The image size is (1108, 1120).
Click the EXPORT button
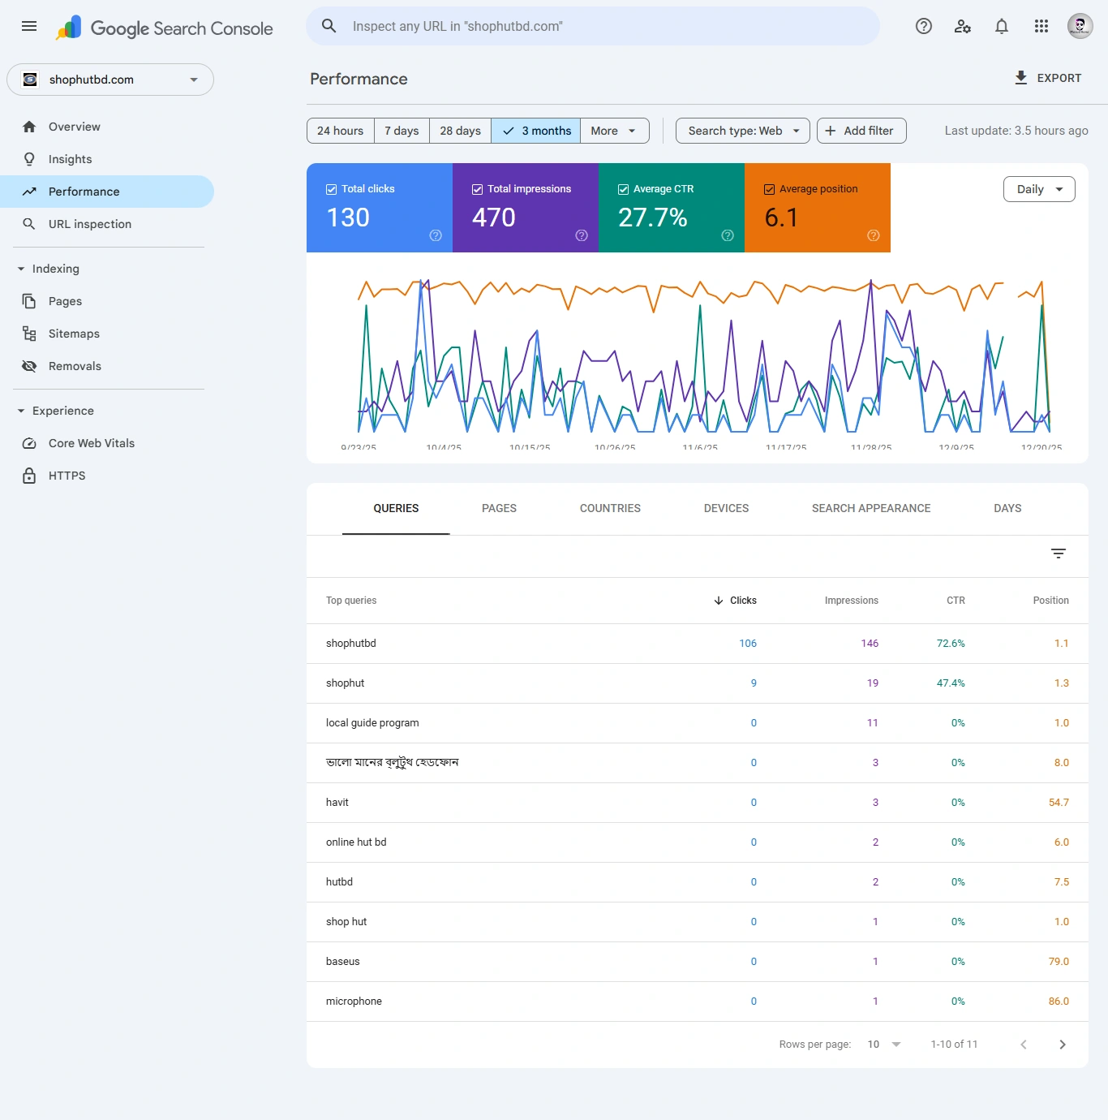(x=1047, y=78)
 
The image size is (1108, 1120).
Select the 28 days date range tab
(x=460, y=131)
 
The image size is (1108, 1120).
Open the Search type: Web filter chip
(x=742, y=131)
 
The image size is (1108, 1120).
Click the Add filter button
(x=861, y=131)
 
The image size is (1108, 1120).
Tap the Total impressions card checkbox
(x=477, y=189)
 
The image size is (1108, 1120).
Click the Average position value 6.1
(x=781, y=218)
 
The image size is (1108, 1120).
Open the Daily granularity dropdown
(x=1038, y=189)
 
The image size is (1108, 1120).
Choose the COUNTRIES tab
(x=610, y=508)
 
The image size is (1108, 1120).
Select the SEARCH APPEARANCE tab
(x=870, y=508)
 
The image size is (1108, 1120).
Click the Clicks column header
(x=742, y=601)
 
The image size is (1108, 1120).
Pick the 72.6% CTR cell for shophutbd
(x=950, y=644)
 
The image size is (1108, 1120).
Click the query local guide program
(x=372, y=723)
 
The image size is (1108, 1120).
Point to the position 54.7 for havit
(x=1058, y=803)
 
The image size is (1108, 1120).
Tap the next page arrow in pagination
(x=1062, y=1045)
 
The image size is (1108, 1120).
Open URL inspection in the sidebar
(x=89, y=224)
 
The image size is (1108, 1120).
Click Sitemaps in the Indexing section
(x=74, y=334)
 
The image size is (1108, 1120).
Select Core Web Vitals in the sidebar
(x=91, y=443)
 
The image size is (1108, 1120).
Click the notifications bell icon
(x=1001, y=27)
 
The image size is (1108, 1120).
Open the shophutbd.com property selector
(x=110, y=80)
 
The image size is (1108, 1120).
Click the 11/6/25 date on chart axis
(x=699, y=447)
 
